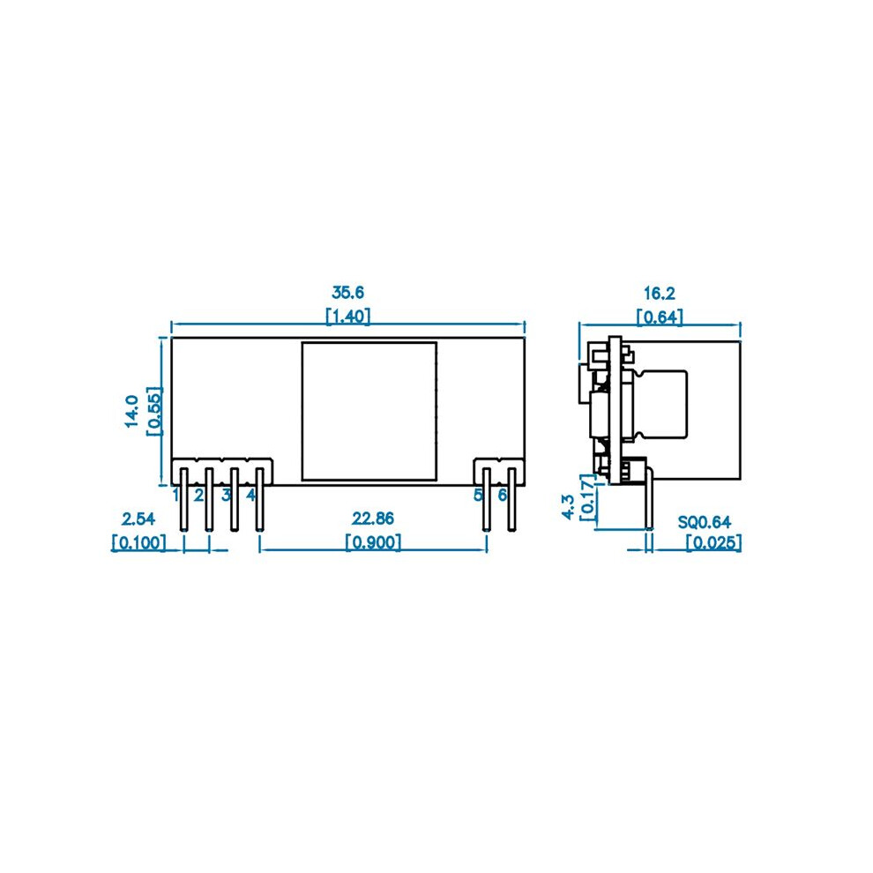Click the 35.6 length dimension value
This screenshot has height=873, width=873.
tap(348, 292)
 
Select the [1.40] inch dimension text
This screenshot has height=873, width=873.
tap(348, 317)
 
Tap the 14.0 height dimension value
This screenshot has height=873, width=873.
tap(132, 412)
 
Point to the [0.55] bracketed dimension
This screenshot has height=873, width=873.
tap(154, 412)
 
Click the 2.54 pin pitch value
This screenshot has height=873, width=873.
tap(138, 519)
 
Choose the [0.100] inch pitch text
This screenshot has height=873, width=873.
tap(139, 542)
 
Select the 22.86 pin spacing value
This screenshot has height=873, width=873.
tap(372, 519)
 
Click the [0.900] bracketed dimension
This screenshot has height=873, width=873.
tap(373, 542)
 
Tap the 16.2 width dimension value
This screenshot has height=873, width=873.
tap(660, 293)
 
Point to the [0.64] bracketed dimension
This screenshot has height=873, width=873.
tap(660, 317)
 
